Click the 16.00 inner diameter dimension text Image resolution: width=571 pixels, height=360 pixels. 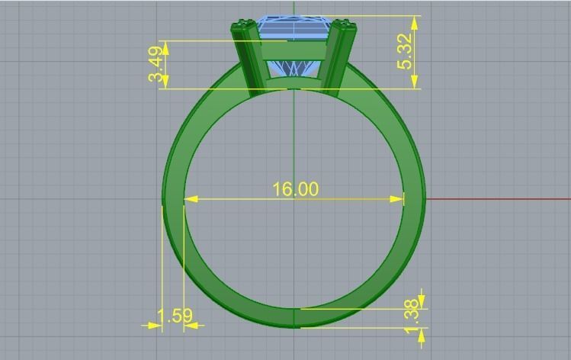(296, 188)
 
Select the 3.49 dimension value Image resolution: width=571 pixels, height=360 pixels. (156, 65)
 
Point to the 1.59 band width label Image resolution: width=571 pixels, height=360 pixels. (175, 315)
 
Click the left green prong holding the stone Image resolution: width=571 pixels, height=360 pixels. (248, 57)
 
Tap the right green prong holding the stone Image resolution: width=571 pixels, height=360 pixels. (340, 57)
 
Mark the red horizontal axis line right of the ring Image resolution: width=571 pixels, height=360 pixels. (496, 199)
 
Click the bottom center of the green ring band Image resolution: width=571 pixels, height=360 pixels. (294, 318)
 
